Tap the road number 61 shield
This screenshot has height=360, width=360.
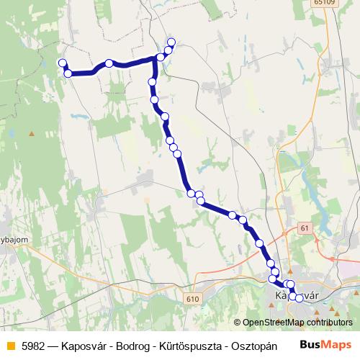coord(305,228)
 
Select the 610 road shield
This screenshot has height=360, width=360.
coord(191,298)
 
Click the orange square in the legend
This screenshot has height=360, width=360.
coord(9,345)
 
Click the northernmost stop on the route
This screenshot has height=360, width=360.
coord(171,42)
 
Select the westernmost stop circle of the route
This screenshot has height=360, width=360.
coord(62,63)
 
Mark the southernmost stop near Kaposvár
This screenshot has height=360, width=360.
coord(299,298)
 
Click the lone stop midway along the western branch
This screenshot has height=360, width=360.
coord(109,63)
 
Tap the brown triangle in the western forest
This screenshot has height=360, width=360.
coord(31,133)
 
